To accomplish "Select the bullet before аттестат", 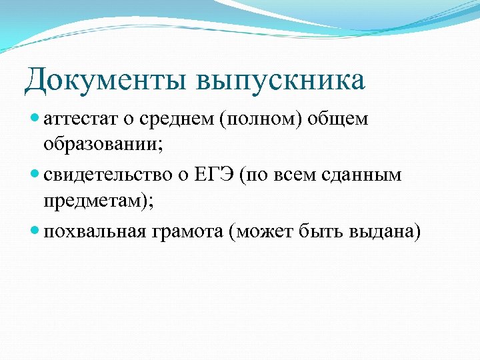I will (x=35, y=119).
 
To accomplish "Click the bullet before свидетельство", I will (x=35, y=175).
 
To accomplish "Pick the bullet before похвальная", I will (x=35, y=231).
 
